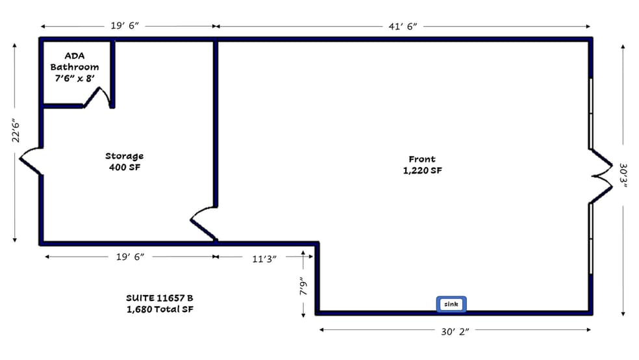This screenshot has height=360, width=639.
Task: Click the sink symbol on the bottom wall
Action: (451, 304)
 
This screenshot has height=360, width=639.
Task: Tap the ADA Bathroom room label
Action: (75, 67)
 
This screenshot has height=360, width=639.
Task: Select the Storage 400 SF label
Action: (124, 162)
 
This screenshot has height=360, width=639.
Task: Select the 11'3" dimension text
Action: (264, 258)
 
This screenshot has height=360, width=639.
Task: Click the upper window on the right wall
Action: (591, 114)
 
